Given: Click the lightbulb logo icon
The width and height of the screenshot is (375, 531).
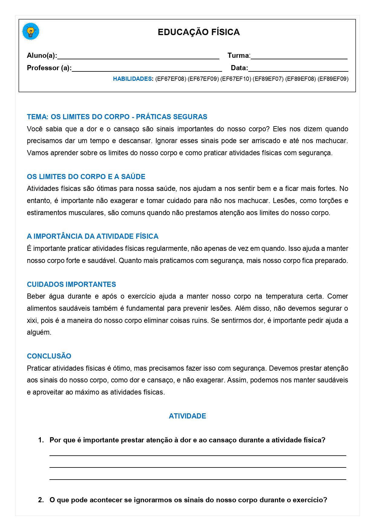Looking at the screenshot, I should [x=31, y=31].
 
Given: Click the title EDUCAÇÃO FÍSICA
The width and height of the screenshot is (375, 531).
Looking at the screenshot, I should [x=199, y=32].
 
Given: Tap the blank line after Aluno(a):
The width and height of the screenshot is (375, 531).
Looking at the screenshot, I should [x=138, y=57].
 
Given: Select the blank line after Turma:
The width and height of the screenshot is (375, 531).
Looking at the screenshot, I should [x=299, y=57].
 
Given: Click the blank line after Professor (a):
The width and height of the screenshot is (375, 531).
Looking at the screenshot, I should [x=147, y=69].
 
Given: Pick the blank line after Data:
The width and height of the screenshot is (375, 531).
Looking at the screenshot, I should [x=298, y=69].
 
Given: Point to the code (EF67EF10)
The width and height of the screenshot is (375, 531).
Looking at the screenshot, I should [x=236, y=79].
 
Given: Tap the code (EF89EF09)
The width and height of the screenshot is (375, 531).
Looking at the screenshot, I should [x=333, y=79].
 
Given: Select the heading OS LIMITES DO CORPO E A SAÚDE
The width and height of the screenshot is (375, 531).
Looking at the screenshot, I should [x=86, y=177].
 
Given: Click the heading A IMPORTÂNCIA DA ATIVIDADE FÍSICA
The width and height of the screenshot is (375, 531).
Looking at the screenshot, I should [x=92, y=236].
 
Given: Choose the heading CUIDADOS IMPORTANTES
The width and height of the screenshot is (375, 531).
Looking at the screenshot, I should [x=71, y=284].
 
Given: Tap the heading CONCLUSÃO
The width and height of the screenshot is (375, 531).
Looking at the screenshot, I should [x=49, y=356].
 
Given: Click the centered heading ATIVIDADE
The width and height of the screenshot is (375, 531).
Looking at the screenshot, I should [x=187, y=416].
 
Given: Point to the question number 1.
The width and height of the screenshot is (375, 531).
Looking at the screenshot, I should [x=41, y=440].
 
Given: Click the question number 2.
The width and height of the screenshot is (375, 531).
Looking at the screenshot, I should [x=41, y=500].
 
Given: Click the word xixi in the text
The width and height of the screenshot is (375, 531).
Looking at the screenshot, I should [x=32, y=320].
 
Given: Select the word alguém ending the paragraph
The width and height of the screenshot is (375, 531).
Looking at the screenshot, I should [x=39, y=333].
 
